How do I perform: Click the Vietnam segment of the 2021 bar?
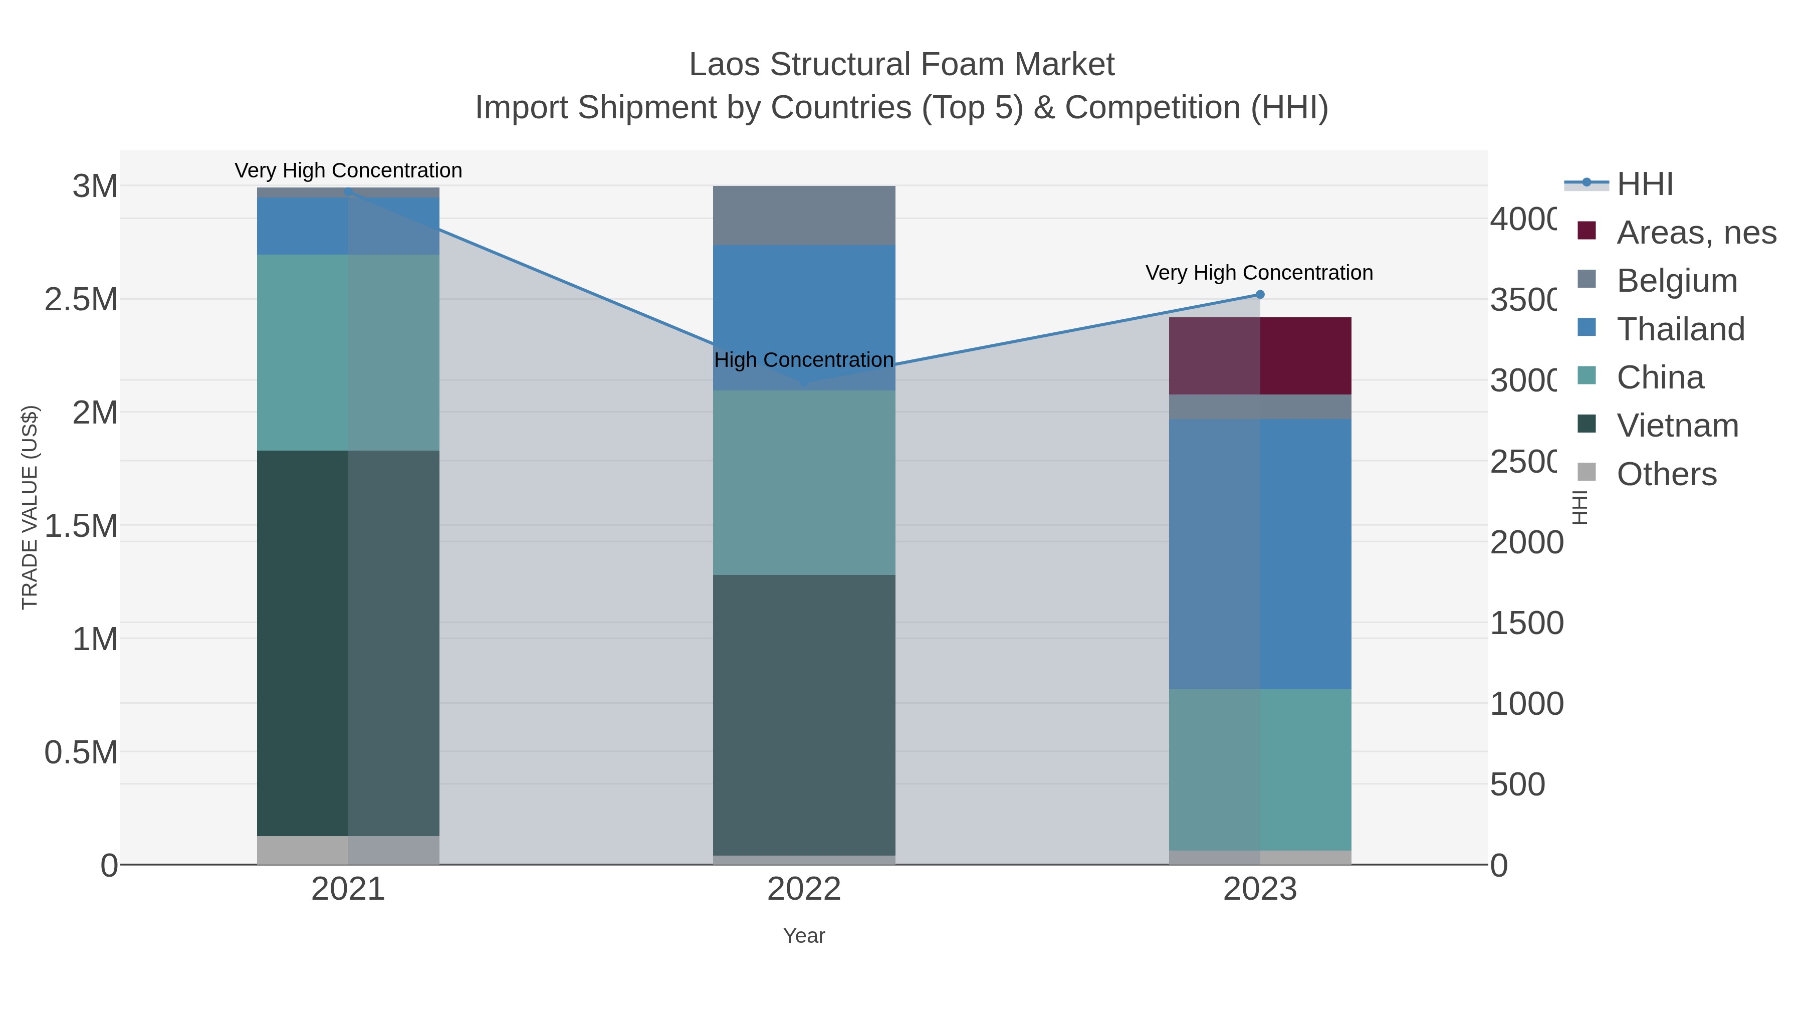[348, 643]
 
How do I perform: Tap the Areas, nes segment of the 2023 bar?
[1260, 355]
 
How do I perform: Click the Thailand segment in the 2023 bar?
[1260, 553]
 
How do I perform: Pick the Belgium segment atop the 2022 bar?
[804, 215]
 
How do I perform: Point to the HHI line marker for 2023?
[1260, 295]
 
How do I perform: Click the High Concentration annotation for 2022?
[804, 360]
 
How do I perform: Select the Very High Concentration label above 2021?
[348, 171]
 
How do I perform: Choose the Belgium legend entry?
[1677, 280]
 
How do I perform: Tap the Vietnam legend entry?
[1677, 425]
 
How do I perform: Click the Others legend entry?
[1666, 474]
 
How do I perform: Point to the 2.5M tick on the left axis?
[81, 300]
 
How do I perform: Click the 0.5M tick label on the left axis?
[81, 752]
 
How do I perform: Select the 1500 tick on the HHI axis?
[1526, 623]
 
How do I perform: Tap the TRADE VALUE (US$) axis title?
[30, 507]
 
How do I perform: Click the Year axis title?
[804, 936]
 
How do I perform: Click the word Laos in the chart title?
[724, 65]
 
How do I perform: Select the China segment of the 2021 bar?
[348, 352]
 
